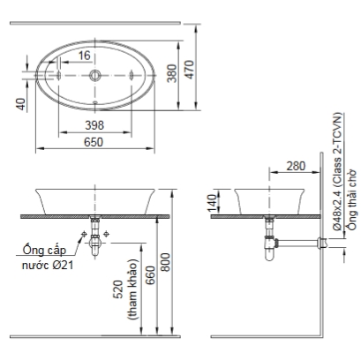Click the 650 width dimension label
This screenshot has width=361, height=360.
point(94,142)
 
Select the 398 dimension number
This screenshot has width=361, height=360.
point(94,125)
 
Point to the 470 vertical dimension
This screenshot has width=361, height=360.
point(190,70)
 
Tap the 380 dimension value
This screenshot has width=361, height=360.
point(172,73)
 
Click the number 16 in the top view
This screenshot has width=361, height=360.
point(85,56)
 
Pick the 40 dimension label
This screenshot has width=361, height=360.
point(21,104)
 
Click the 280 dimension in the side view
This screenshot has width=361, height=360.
point(296,166)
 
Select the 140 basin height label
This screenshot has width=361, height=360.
point(212,203)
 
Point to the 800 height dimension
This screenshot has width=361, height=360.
point(166,262)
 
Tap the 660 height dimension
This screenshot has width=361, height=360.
point(150,275)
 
